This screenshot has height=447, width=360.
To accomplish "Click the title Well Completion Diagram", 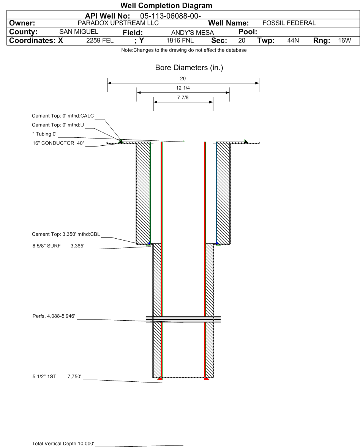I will [x=166, y=5].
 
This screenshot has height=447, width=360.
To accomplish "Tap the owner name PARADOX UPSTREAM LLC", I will [x=118, y=23].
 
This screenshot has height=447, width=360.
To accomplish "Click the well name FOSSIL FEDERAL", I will [x=289, y=23].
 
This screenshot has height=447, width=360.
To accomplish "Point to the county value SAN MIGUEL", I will [x=79, y=32].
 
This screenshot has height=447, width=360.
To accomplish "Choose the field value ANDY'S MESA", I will [x=193, y=33].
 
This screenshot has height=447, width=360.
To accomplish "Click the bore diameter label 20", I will [x=183, y=79].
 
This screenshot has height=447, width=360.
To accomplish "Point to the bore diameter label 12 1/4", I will [x=183, y=88].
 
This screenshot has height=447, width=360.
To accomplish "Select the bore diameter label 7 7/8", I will [x=183, y=98].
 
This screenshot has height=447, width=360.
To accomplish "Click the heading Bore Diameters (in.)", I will [x=189, y=68].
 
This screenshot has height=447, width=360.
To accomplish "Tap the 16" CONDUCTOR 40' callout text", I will [x=58, y=143].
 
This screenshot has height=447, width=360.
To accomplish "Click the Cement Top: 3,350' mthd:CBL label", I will [x=66, y=234].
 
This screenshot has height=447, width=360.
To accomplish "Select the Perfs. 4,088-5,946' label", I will [x=54, y=316].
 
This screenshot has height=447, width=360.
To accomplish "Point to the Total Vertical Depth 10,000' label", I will [x=63, y=443].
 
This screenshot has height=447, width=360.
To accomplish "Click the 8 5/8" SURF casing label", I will [x=46, y=246].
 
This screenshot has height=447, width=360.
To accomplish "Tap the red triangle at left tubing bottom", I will [x=160, y=379].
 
